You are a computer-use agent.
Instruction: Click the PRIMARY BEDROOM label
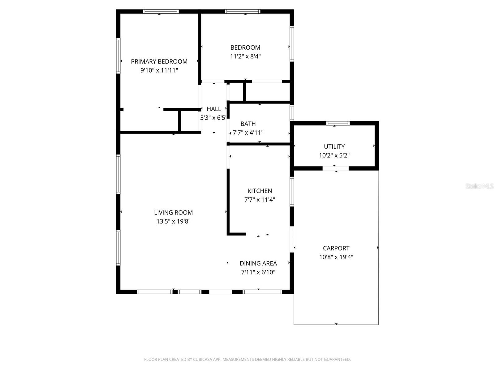pos(159,61)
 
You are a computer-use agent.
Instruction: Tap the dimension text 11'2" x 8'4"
pos(245,56)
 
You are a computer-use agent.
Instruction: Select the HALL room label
pos(214,109)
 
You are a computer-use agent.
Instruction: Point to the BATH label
pos(248,124)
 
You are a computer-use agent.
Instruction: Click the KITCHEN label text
pos(260,191)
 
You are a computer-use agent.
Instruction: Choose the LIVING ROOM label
pos(173,213)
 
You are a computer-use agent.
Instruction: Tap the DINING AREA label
pos(258,263)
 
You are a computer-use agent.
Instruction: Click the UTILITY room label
pos(334,147)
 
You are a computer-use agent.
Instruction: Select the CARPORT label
pos(336,248)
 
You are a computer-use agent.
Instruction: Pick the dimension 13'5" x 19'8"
pos(173,221)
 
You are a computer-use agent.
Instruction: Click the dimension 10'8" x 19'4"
pos(336,257)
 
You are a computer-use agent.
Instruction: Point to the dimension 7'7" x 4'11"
pos(248,133)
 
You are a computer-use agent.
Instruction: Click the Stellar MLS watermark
pos(479,186)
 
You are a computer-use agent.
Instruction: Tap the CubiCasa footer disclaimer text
pos(247,360)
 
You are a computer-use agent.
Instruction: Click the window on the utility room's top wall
pos(338,123)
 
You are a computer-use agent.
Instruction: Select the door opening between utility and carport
pos(336,168)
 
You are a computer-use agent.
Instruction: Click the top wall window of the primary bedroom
pos(161,11)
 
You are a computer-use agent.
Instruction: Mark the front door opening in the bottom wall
pos(221,292)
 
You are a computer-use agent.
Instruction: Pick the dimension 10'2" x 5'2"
pos(334,155)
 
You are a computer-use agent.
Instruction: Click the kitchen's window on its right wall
pos(292,191)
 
